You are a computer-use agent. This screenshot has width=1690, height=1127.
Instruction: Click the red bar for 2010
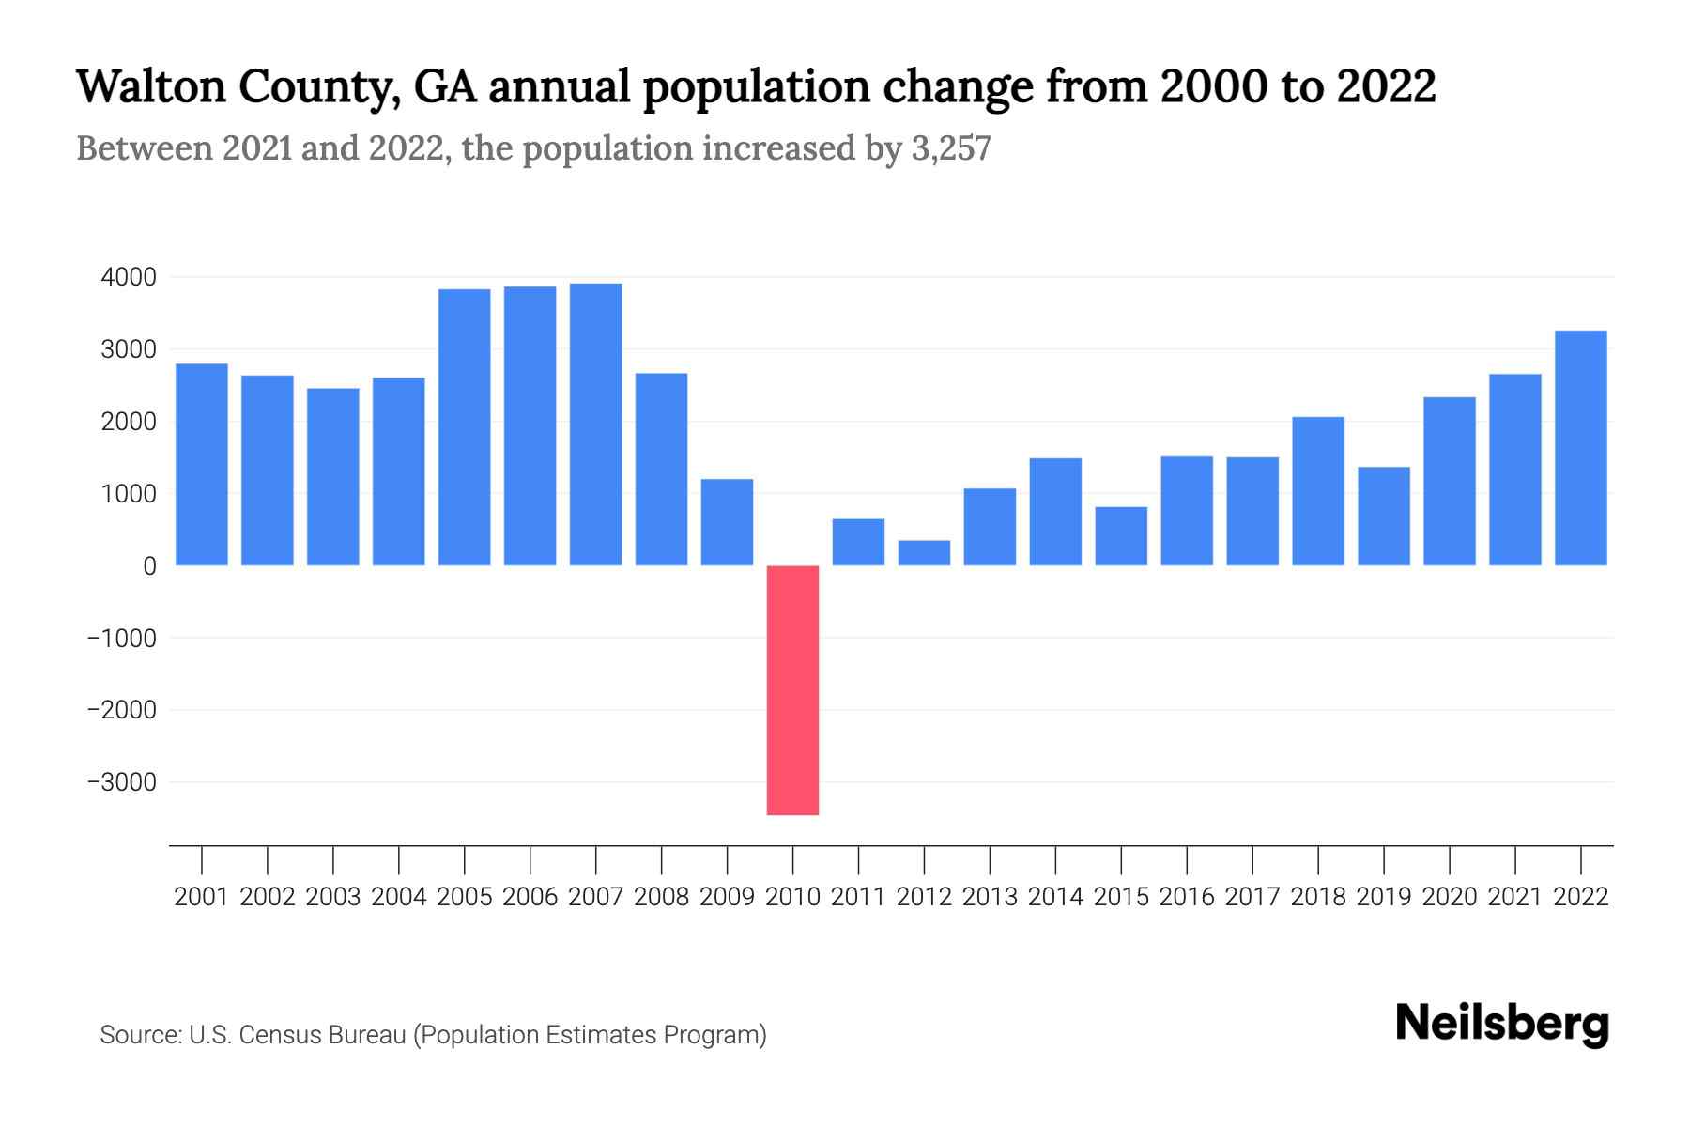(x=792, y=690)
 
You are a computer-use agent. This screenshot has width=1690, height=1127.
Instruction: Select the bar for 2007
(x=595, y=425)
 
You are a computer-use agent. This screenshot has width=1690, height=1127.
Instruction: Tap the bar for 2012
(x=924, y=553)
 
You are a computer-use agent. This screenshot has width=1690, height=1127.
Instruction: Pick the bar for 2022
(x=1581, y=448)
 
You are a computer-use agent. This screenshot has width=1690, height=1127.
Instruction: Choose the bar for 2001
(x=202, y=465)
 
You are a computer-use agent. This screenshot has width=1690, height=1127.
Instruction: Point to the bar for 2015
(x=1121, y=536)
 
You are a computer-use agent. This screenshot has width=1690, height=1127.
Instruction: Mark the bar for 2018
(x=1318, y=491)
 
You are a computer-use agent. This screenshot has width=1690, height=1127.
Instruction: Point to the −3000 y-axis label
(x=122, y=782)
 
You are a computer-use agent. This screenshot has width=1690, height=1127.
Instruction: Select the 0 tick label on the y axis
(x=149, y=566)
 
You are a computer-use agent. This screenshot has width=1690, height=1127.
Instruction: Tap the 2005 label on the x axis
(x=465, y=897)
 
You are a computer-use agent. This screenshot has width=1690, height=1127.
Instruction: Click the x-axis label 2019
(x=1384, y=897)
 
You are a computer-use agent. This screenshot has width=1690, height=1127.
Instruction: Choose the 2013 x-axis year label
(x=990, y=897)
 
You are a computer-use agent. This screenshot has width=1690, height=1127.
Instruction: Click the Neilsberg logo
(x=1502, y=1025)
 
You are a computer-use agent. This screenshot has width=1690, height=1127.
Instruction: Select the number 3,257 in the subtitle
(x=950, y=149)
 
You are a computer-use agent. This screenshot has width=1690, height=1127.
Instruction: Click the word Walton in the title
(x=150, y=87)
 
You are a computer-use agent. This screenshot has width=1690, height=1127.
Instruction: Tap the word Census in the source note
(x=272, y=1035)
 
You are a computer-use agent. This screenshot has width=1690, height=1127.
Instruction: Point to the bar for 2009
(x=727, y=522)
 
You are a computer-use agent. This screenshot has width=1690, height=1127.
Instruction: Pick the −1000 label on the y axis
(x=122, y=638)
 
